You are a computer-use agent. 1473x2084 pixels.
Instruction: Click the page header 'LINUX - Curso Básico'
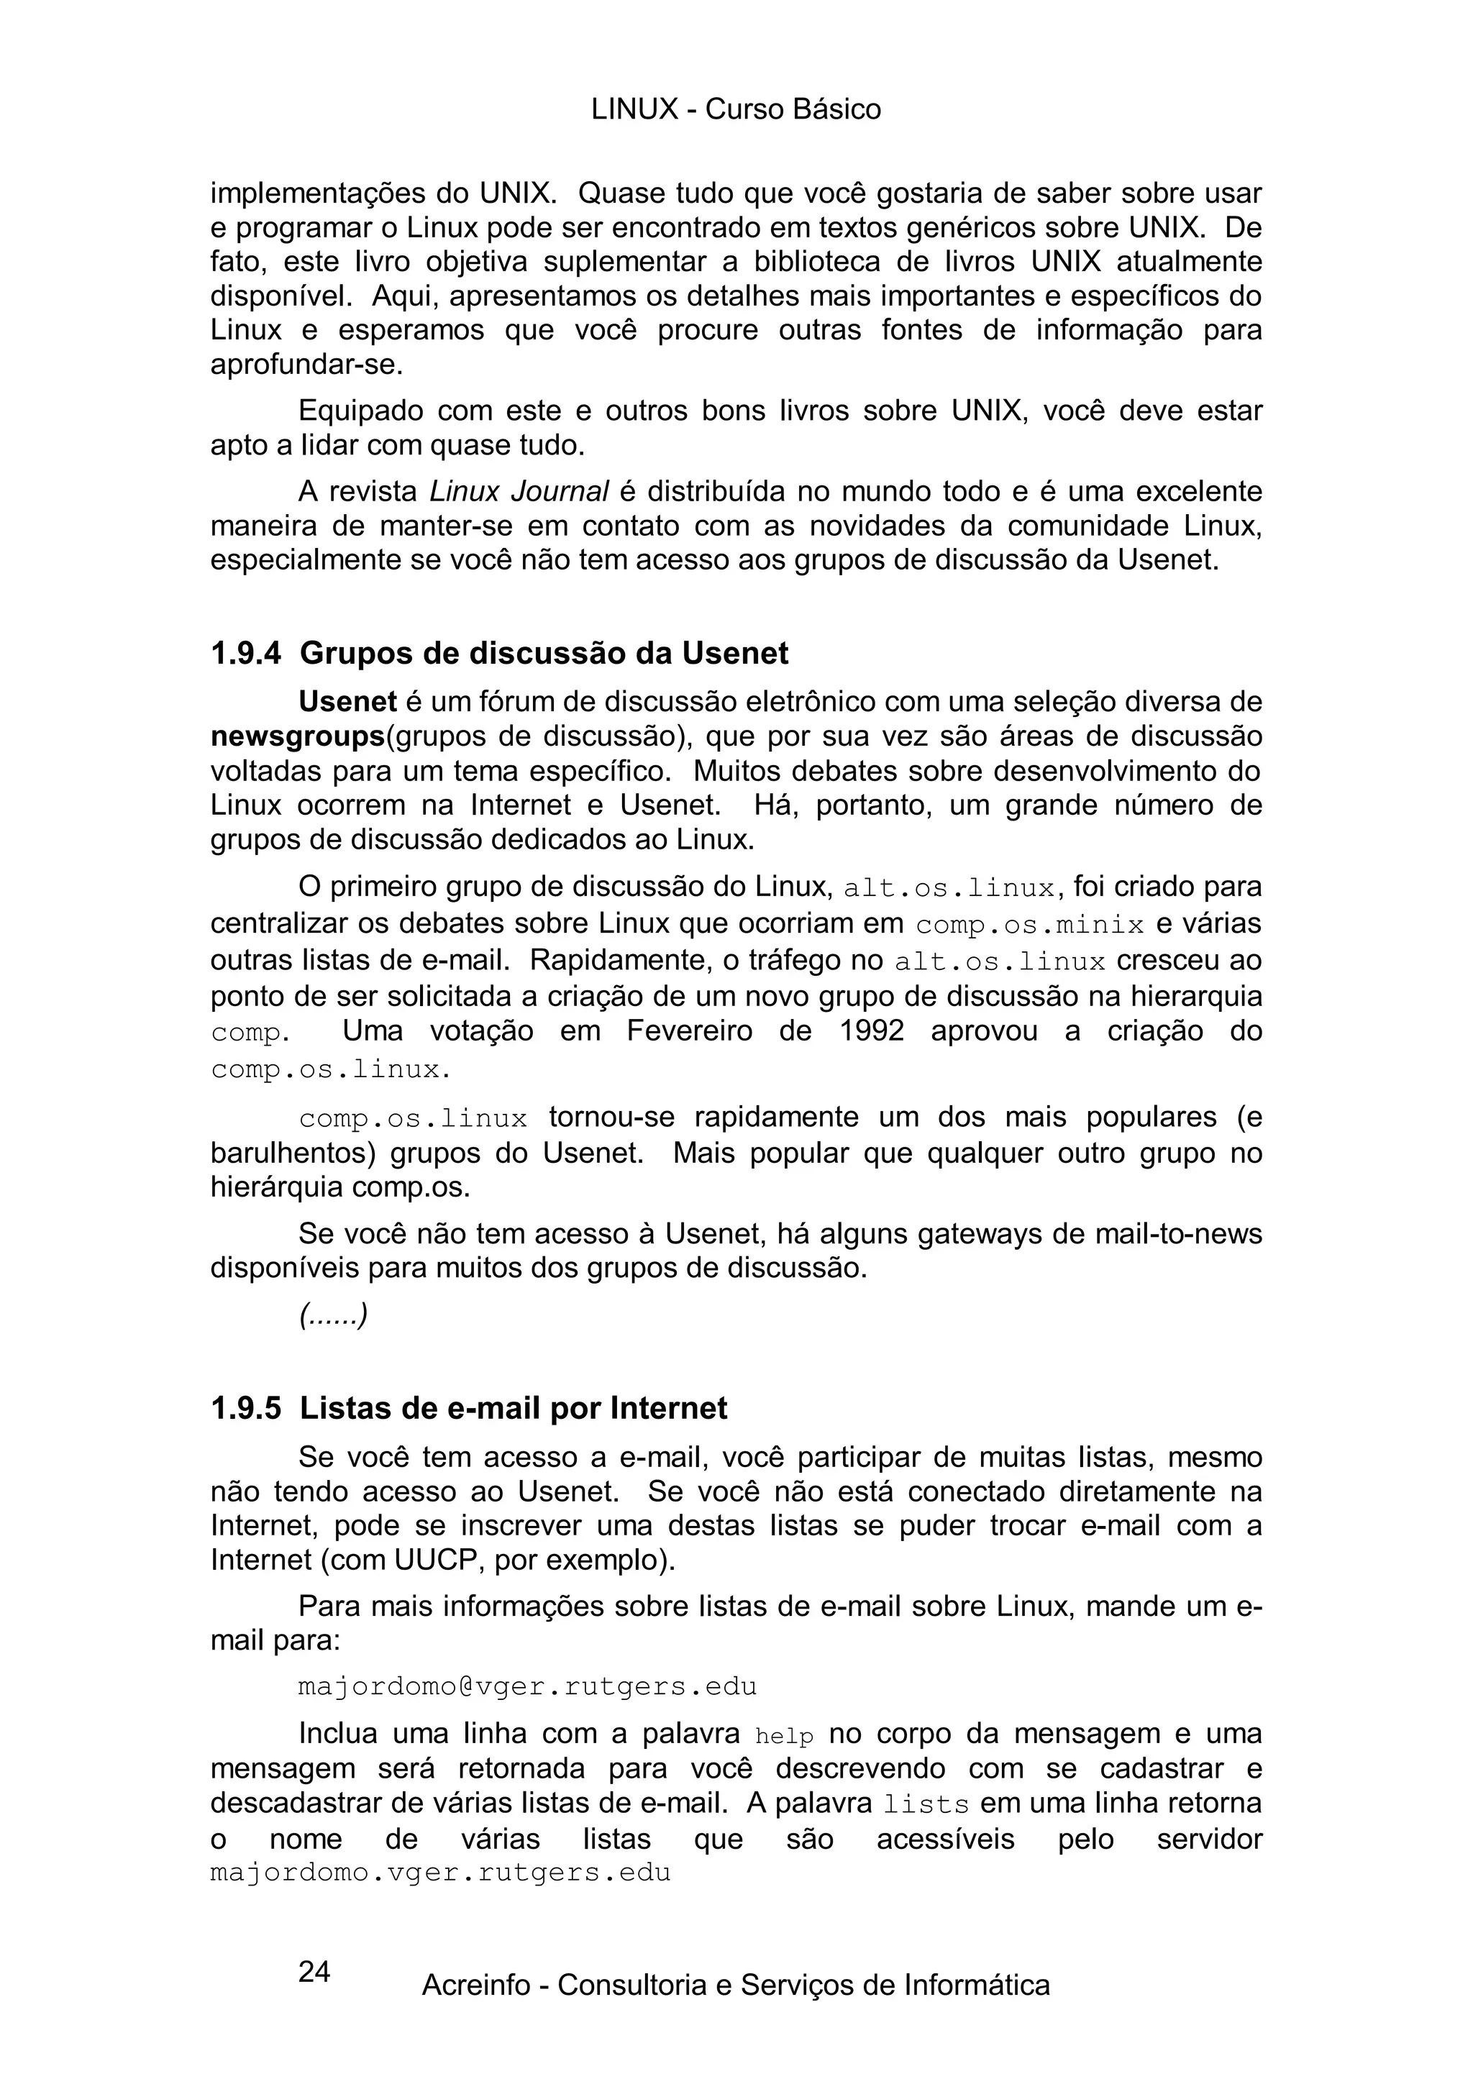click(735, 110)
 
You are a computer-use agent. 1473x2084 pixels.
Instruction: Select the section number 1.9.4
click(245, 654)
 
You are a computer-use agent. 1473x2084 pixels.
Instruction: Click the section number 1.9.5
click(245, 1409)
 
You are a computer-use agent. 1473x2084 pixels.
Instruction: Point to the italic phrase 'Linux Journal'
click(519, 492)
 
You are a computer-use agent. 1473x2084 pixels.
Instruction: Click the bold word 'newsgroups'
click(298, 737)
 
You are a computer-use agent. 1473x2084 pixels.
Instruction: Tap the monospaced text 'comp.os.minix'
click(1030, 926)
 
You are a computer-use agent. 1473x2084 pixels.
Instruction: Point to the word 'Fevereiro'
click(689, 1032)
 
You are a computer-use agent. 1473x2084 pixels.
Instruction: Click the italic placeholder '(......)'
click(333, 1316)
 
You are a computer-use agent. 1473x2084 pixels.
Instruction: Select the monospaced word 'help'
click(784, 1737)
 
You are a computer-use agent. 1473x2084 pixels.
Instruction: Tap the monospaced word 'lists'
click(926, 1806)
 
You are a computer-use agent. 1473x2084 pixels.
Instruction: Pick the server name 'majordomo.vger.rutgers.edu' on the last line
click(440, 1873)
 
